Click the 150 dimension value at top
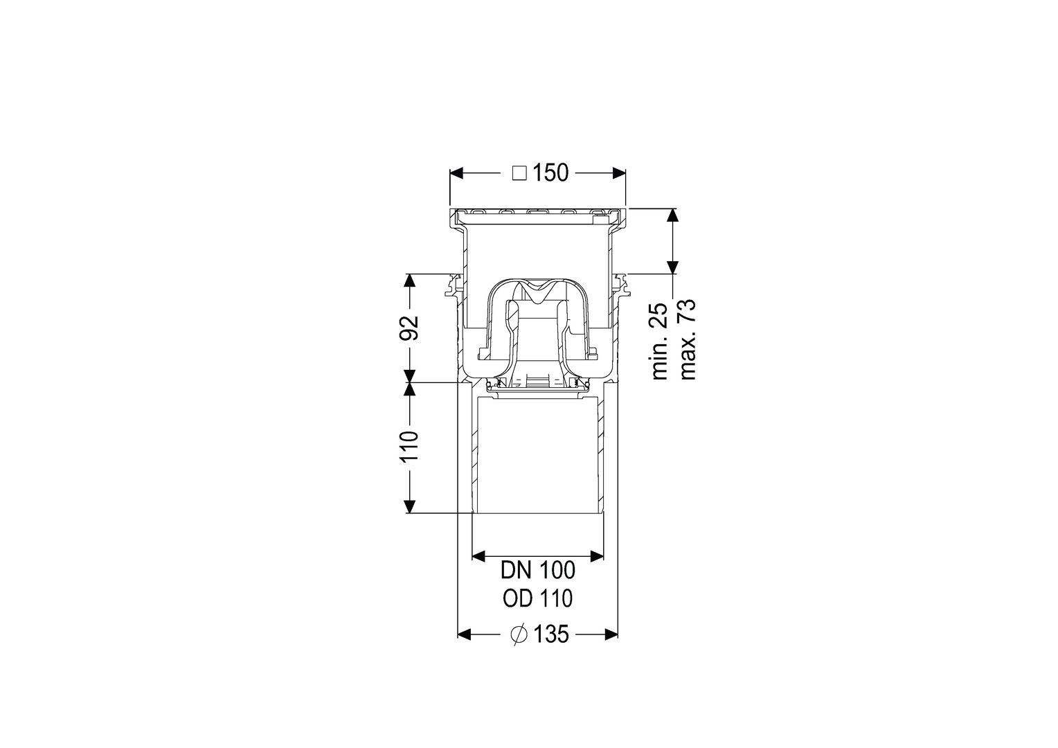coord(550,173)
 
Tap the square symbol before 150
coord(519,173)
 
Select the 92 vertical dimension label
coord(409,328)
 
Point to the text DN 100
coord(538,570)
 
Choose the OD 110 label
coord(538,598)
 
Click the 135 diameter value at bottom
coord(551,634)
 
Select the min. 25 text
coord(659,341)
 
